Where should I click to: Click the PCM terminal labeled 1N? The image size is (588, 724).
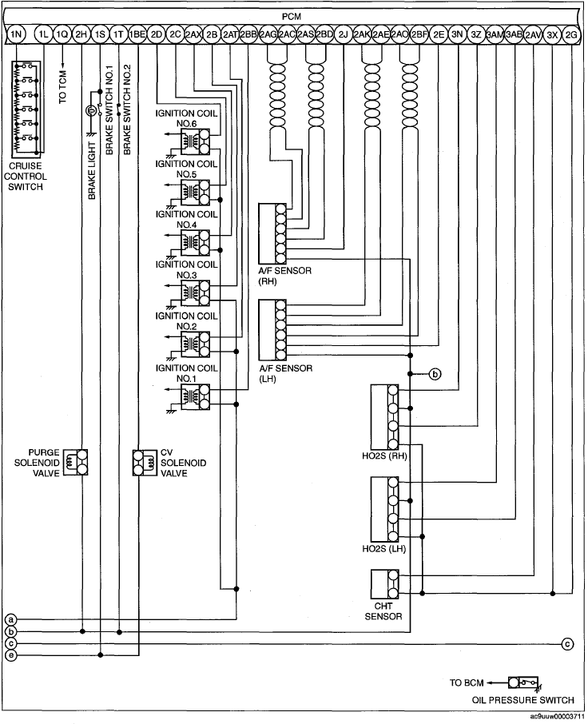click(x=16, y=34)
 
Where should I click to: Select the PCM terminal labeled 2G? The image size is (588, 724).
click(x=571, y=34)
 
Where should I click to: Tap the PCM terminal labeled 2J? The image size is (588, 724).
click(x=343, y=34)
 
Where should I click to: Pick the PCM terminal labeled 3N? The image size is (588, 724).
click(x=457, y=34)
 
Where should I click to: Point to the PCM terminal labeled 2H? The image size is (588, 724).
click(x=81, y=34)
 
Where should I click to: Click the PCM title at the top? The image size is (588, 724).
click(x=292, y=17)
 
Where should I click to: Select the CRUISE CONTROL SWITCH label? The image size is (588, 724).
click(x=26, y=177)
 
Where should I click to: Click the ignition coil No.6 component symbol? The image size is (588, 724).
click(x=195, y=141)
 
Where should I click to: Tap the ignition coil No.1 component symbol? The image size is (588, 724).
click(x=195, y=396)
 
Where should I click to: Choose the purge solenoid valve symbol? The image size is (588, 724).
click(x=76, y=462)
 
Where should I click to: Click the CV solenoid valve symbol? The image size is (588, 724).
click(x=145, y=463)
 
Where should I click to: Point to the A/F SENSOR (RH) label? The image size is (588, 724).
click(x=284, y=276)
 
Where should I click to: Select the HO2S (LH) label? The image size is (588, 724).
click(x=384, y=549)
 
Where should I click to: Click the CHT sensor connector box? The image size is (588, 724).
click(x=385, y=584)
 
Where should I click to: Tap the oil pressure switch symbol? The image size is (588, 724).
click(x=525, y=682)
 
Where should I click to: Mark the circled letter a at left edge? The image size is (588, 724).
click(x=10, y=619)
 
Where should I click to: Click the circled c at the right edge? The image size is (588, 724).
click(x=568, y=643)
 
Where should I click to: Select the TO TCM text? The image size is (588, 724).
click(x=63, y=87)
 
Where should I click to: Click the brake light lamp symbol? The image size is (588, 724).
click(x=90, y=111)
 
